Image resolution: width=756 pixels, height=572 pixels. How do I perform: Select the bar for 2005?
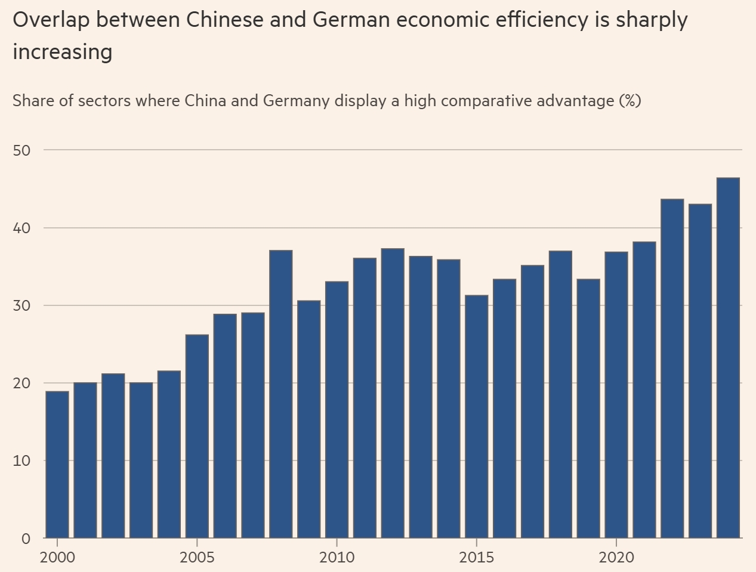(x=197, y=436)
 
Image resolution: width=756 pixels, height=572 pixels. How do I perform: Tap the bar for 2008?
(x=280, y=394)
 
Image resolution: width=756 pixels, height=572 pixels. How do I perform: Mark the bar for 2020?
(x=616, y=394)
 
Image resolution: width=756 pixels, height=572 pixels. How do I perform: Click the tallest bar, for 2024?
(x=727, y=357)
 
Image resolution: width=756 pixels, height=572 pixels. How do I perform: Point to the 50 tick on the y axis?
(x=21, y=150)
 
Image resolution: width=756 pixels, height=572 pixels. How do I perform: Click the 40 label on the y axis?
(x=21, y=228)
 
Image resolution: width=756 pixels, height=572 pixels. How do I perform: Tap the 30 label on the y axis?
(x=21, y=305)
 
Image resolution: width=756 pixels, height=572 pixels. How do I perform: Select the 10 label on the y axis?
(x=21, y=460)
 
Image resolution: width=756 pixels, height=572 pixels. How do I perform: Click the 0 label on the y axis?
(x=26, y=538)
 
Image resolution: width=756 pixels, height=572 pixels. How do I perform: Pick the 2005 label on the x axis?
(x=197, y=558)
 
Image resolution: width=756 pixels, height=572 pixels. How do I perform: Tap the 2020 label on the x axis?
(x=616, y=558)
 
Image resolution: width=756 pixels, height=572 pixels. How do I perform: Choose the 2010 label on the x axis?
(x=337, y=558)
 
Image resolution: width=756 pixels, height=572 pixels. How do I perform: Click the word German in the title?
(x=349, y=20)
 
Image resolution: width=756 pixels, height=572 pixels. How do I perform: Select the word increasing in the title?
(x=63, y=52)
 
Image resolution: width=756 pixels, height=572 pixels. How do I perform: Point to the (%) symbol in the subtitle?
(x=630, y=100)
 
